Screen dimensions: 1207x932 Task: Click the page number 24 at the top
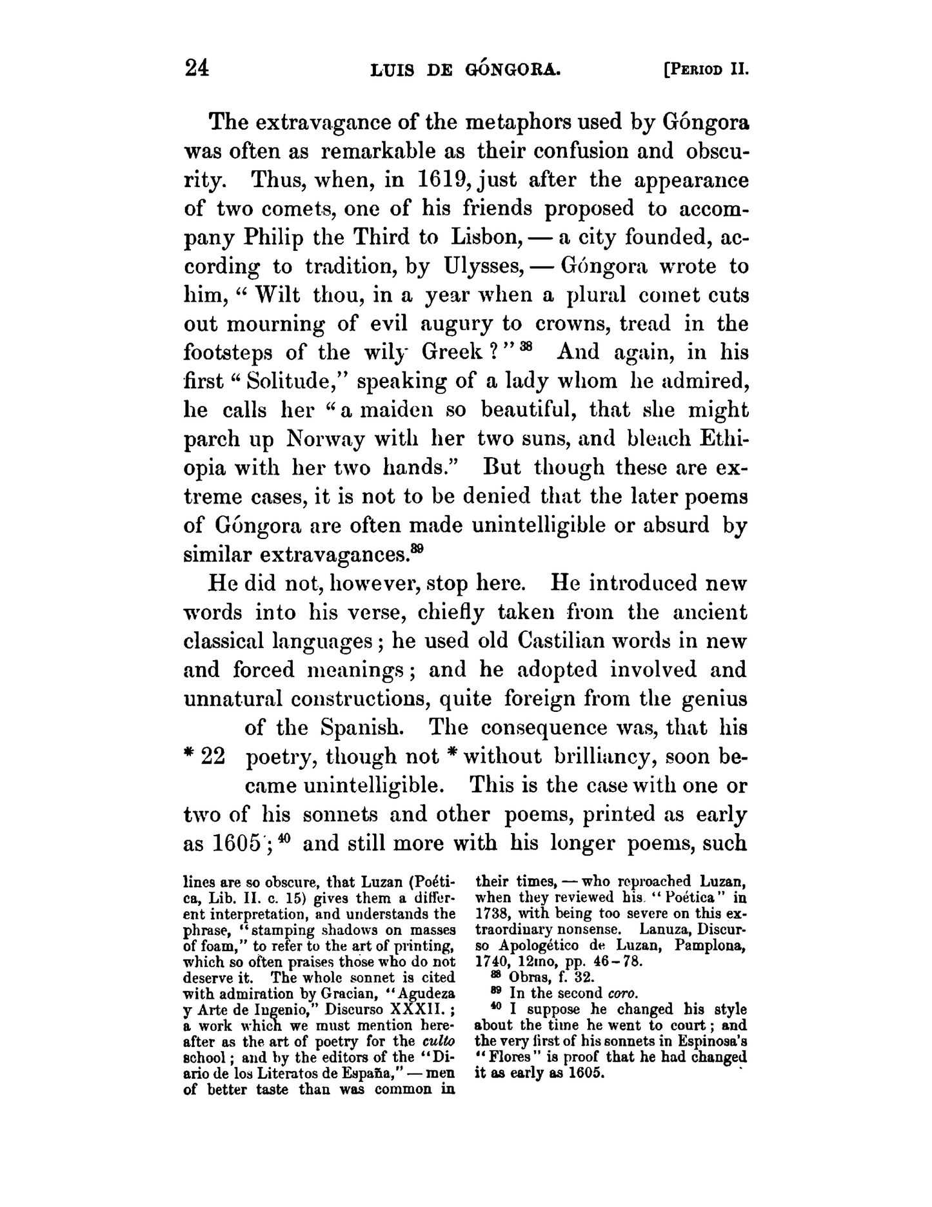(x=197, y=68)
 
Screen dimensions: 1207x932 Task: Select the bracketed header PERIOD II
(x=706, y=70)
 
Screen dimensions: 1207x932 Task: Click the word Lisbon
(x=483, y=237)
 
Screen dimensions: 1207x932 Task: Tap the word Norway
(x=326, y=439)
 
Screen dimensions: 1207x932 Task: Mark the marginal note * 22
(x=204, y=757)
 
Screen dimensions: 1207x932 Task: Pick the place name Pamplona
(x=715, y=946)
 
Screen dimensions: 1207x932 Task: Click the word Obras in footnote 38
(x=527, y=977)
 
